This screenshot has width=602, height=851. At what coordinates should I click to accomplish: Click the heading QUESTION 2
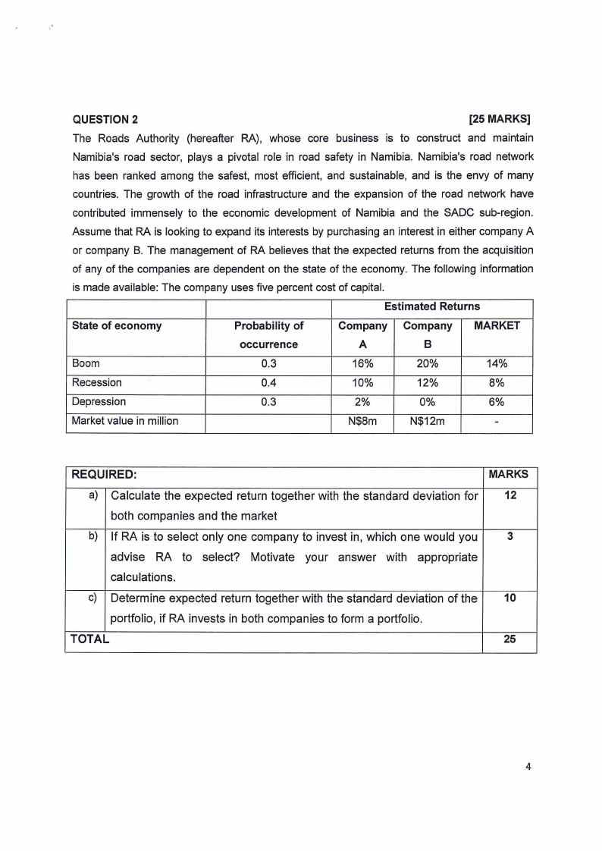105,119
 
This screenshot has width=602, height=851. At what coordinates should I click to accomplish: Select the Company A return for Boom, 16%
362,363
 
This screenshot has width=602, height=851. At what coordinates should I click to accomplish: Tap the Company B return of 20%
427,363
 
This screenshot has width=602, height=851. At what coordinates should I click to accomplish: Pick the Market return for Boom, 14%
497,363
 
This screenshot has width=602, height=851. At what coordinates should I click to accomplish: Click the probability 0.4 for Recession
268,382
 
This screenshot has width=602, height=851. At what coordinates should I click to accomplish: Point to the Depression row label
99,401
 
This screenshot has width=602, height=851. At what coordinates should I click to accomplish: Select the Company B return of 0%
427,402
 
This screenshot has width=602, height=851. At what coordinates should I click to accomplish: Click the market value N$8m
362,421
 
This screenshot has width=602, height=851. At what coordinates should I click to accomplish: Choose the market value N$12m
427,421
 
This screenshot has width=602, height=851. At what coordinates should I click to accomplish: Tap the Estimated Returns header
432,306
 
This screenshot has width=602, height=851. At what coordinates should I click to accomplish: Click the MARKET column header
497,325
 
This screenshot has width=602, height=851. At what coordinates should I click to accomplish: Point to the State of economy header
116,325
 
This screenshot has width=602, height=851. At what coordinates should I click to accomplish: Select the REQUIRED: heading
104,474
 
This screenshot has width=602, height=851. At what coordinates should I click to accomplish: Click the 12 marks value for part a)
510,496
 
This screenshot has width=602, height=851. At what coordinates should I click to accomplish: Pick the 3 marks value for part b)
510,536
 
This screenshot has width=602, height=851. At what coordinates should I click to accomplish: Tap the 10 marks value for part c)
510,598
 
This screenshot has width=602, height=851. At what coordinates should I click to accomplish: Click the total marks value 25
510,639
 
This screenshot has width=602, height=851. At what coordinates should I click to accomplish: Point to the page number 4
528,766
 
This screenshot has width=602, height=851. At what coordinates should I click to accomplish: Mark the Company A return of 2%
362,402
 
